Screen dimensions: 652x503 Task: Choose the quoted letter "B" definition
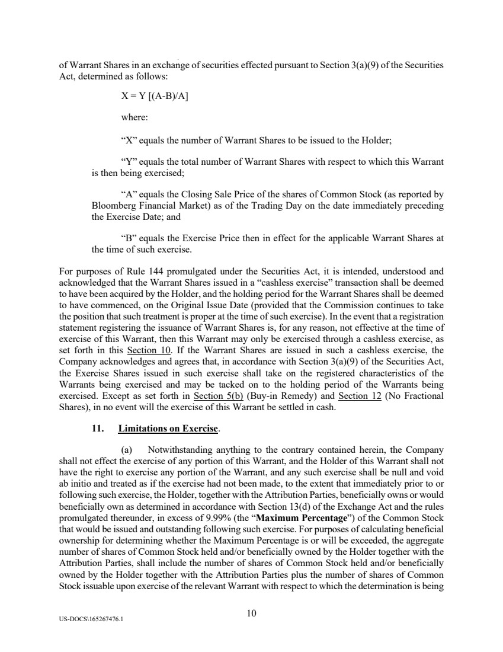(x=127, y=237)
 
